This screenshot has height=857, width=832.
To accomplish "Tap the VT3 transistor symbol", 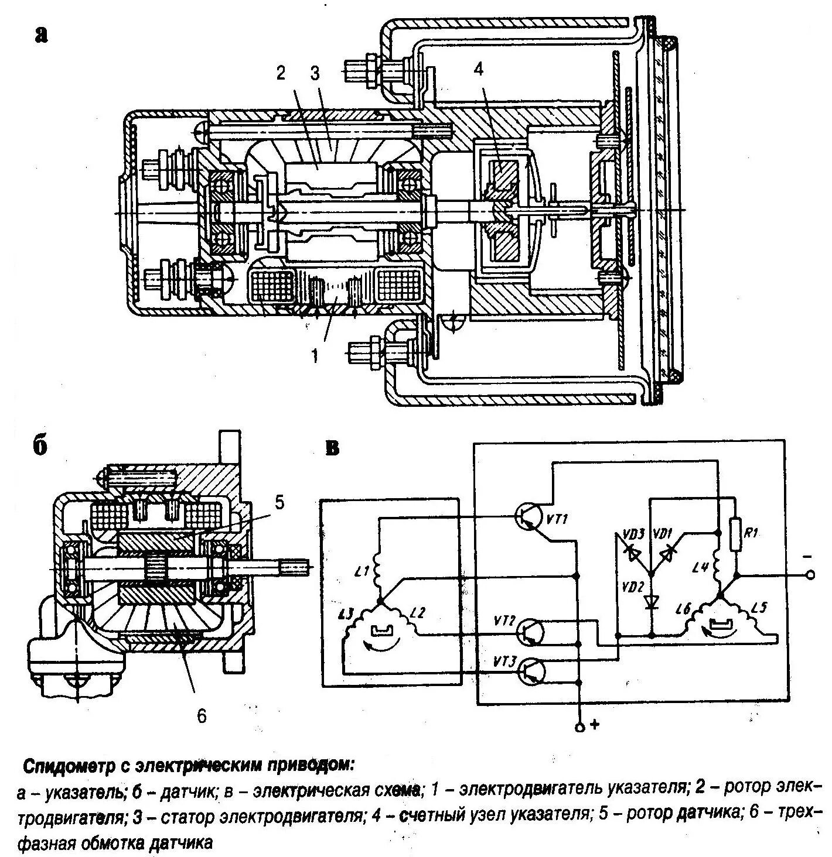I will [x=532, y=671].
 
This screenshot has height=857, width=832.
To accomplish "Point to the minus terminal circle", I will [x=811, y=576].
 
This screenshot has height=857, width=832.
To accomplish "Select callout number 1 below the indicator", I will [x=315, y=355].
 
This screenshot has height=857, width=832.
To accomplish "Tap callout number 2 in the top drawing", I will [x=281, y=74].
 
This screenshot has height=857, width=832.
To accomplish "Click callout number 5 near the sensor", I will [x=279, y=503].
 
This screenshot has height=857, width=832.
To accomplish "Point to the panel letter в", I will [x=333, y=450].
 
